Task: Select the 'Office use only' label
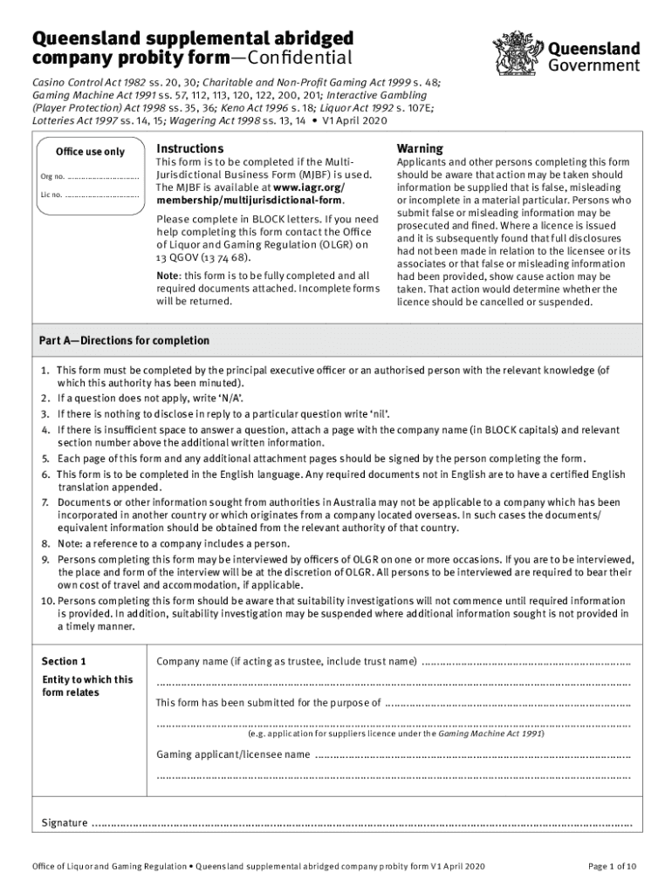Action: tap(90, 152)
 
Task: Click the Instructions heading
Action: tap(189, 148)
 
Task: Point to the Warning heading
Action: tap(420, 148)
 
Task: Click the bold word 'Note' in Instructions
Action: tap(167, 276)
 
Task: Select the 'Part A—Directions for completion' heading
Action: tap(124, 340)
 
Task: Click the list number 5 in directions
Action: tap(45, 459)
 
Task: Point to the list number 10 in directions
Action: tap(47, 601)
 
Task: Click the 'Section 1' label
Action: tap(65, 660)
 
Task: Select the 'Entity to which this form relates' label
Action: tap(87, 686)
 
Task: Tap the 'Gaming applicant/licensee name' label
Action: tap(232, 753)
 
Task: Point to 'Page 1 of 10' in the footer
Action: tap(612, 866)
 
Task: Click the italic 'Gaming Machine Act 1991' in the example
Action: tap(490, 734)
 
